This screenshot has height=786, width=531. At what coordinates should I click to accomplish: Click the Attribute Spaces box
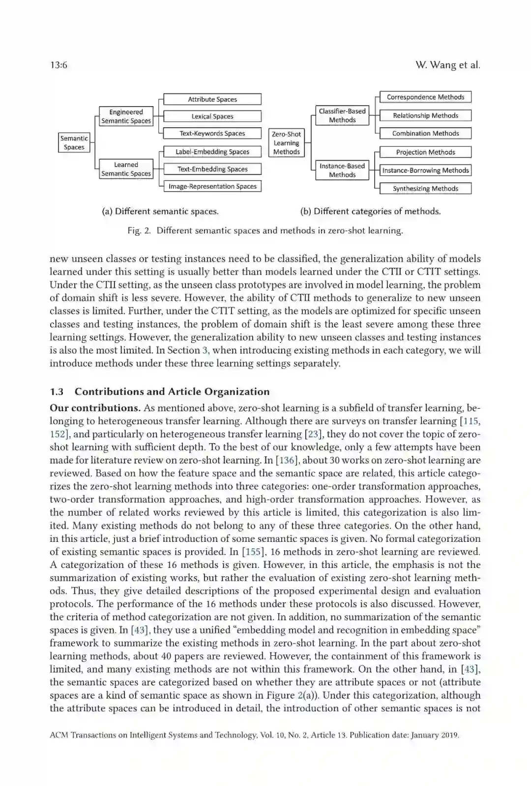click(x=212, y=99)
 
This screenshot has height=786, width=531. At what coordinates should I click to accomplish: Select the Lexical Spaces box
click(x=212, y=116)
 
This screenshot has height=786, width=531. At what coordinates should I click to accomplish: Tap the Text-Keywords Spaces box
click(x=212, y=133)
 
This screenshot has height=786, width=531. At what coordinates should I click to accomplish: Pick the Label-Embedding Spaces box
click(x=212, y=152)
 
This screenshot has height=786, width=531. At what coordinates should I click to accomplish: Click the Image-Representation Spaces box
click(x=212, y=186)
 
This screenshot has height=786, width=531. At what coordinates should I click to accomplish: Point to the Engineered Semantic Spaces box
click(x=126, y=116)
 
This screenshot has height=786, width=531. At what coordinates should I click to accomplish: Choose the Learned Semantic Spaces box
click(x=126, y=169)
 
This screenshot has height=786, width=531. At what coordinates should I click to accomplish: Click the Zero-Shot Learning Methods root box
click(x=286, y=143)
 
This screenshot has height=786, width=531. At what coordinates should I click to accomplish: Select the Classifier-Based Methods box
click(x=342, y=115)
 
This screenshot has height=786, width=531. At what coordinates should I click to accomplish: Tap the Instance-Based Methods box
click(x=342, y=170)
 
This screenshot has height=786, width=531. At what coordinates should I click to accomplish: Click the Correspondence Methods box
click(x=425, y=97)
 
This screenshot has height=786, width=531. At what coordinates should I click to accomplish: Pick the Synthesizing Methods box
click(x=425, y=189)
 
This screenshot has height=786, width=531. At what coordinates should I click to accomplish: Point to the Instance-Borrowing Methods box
click(x=425, y=170)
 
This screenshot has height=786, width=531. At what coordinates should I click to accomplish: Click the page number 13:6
click(x=59, y=65)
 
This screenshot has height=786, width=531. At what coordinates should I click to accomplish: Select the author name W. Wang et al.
click(x=447, y=65)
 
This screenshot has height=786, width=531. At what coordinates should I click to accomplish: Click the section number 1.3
click(x=57, y=392)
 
